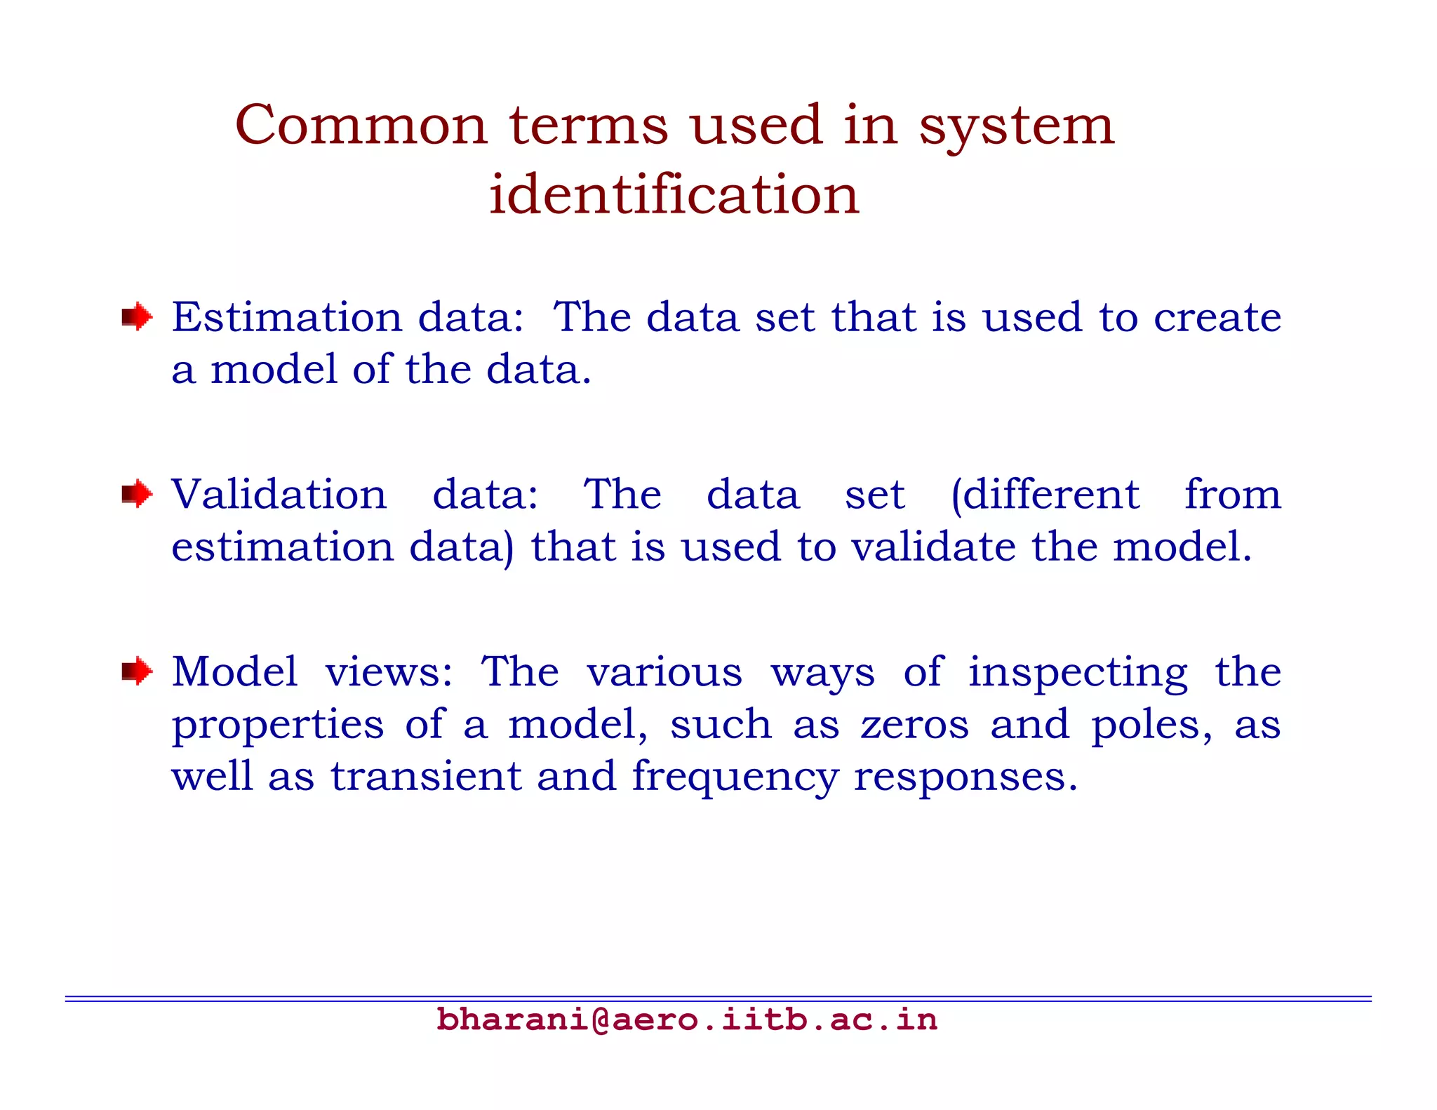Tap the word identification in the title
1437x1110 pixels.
pyautogui.click(x=674, y=194)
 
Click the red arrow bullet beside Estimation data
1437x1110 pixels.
pyautogui.click(x=136, y=317)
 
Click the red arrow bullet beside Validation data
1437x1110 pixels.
pyautogui.click(x=136, y=494)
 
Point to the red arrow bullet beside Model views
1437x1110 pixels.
pyautogui.click(x=136, y=671)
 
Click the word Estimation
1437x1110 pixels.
pyautogui.click(x=287, y=317)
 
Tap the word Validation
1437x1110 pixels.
pyautogui.click(x=279, y=494)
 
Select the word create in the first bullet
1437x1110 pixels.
pyautogui.click(x=1217, y=317)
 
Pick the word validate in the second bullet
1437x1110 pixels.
pyautogui.click(x=933, y=547)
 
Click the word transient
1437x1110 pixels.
pyautogui.click(x=426, y=776)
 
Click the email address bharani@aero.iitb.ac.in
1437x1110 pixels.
pyautogui.click(x=686, y=1019)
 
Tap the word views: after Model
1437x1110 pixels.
pyautogui.click(x=389, y=672)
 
